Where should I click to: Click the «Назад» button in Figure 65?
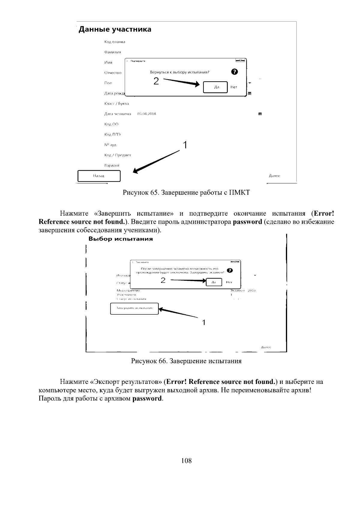(x=99, y=176)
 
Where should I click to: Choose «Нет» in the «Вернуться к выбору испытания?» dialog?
(x=234, y=87)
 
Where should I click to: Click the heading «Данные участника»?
(x=115, y=29)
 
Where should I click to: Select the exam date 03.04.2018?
(x=146, y=114)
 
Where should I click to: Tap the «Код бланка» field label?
(x=115, y=42)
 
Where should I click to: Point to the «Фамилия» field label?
(x=112, y=52)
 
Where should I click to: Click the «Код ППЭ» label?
(x=112, y=134)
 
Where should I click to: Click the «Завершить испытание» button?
(x=134, y=308)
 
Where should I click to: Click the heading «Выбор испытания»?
(x=121, y=239)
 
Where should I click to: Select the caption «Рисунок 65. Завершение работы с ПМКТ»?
(x=186, y=193)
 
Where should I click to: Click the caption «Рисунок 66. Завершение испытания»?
(x=186, y=361)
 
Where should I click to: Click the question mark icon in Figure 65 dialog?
(x=235, y=72)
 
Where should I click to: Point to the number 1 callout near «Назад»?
(x=185, y=145)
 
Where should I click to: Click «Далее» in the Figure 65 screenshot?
(x=274, y=176)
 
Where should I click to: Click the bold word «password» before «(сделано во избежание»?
(x=247, y=222)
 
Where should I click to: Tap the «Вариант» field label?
(x=112, y=165)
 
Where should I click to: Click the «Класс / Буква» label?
(x=116, y=104)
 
